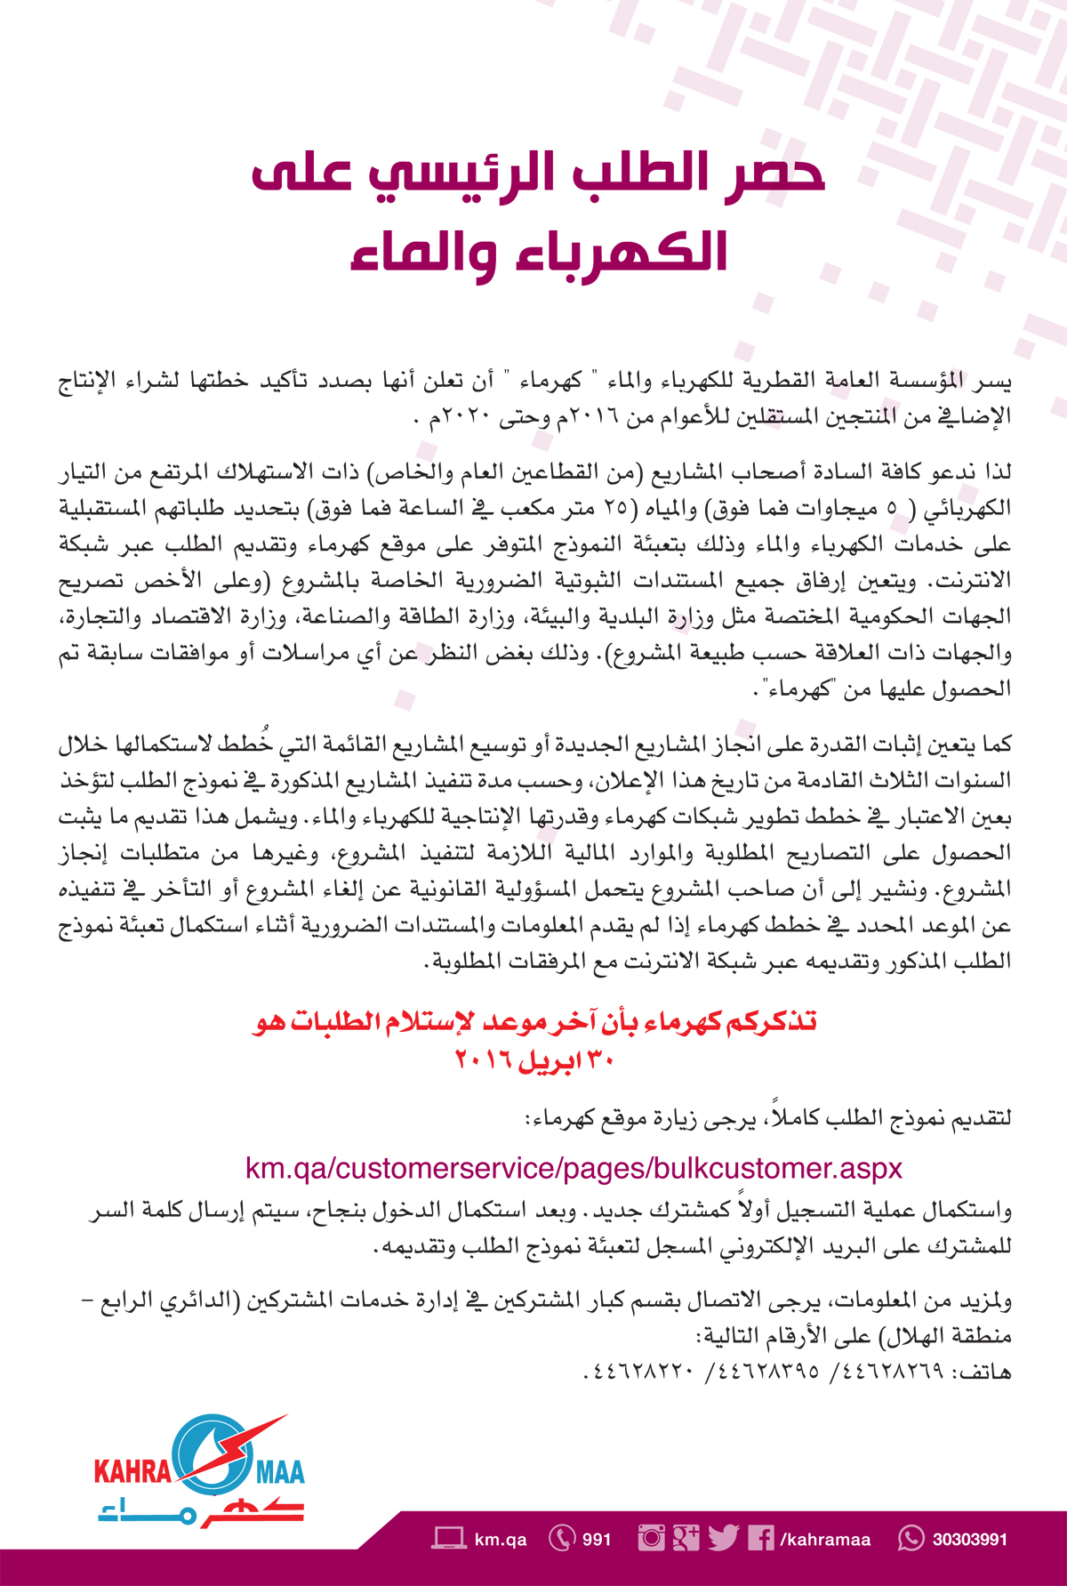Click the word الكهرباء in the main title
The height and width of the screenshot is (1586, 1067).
click(x=614, y=252)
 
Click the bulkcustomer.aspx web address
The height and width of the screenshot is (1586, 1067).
click(x=574, y=1168)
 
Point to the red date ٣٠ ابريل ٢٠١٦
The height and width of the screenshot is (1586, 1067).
click(x=533, y=1060)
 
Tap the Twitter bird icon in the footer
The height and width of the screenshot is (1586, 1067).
click(x=724, y=1538)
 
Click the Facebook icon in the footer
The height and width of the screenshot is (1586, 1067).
click(x=760, y=1538)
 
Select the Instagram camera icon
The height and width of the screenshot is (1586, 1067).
click(x=651, y=1538)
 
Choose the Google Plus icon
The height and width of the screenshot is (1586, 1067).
click(x=686, y=1538)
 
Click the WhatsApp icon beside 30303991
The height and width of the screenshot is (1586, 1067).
click(x=911, y=1538)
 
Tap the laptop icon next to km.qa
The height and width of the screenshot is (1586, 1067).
click(x=449, y=1538)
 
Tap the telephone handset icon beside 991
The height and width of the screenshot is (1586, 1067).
click(x=562, y=1538)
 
